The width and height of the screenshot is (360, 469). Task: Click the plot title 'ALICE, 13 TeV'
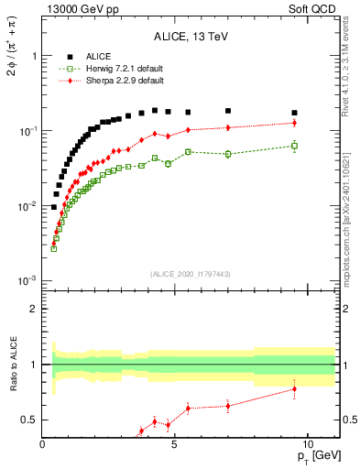click(184, 38)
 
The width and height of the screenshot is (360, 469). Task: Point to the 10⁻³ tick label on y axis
click(24, 281)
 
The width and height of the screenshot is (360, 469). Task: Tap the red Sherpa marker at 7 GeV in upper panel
click(228, 127)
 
